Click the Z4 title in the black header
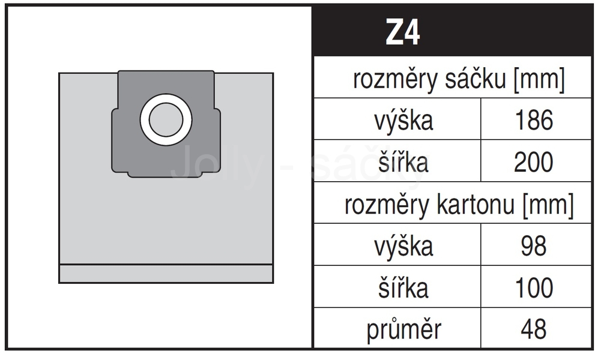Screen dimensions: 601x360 [x=402, y=32]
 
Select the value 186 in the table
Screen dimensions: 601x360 [x=534, y=120]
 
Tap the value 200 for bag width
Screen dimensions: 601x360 [x=534, y=161]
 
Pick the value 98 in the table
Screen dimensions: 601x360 [x=534, y=245]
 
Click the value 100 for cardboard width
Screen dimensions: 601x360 [x=534, y=287]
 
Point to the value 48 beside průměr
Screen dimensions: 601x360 [x=534, y=329]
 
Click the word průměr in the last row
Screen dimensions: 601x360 [x=404, y=330]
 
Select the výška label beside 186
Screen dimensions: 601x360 [x=403, y=121]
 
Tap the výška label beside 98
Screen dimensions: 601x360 [x=403, y=246]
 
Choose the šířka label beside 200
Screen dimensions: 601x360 [x=403, y=161]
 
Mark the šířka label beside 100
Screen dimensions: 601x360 [x=403, y=287]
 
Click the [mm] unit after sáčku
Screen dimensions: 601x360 [x=539, y=80]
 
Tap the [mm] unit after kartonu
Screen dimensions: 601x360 [x=548, y=205]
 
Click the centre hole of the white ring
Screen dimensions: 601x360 [x=166, y=120]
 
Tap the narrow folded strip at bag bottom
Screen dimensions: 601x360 [x=166, y=274]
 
